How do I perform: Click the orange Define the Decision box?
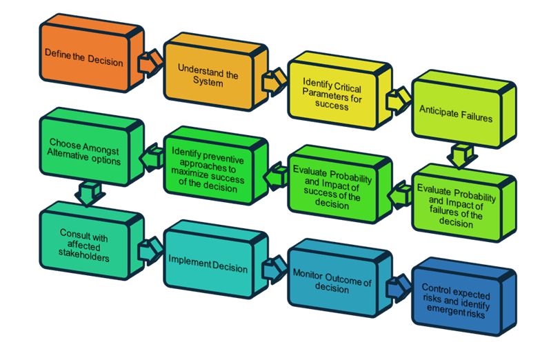[x=83, y=59]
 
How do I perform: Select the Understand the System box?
[x=207, y=75]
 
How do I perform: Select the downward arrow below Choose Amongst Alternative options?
[x=85, y=192]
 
